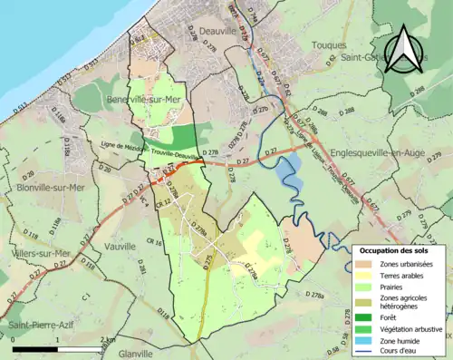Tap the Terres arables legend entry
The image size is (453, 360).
pyautogui.click(x=404, y=277)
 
